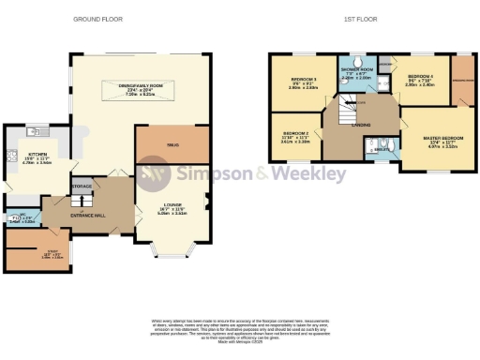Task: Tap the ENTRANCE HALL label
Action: [x=87, y=215]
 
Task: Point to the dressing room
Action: [x=462, y=80]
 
